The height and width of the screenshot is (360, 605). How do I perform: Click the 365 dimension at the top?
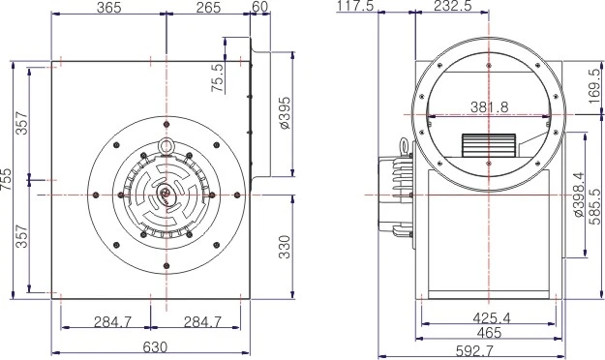108,8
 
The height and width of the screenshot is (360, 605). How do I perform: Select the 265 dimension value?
207,8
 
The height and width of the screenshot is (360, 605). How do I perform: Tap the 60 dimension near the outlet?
258,8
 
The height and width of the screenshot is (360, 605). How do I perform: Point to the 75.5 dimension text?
218,76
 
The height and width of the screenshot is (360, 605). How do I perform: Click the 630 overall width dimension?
155,346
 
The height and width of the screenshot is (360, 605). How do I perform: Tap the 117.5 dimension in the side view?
354,8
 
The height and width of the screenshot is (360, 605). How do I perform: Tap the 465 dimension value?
488,331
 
